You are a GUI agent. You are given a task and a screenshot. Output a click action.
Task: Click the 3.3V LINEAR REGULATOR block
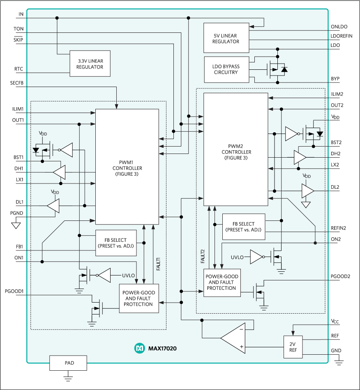point(90,64)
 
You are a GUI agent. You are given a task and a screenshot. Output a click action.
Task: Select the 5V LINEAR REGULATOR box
point(226,38)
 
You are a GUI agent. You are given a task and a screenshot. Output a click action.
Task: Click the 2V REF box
point(292,347)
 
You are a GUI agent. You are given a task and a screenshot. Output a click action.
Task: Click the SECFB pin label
point(17,83)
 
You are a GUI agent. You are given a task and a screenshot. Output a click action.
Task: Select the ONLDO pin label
point(339,27)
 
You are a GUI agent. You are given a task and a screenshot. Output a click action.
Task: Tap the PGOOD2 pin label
point(340,276)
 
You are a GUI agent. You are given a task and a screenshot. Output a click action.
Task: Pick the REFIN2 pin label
point(339,228)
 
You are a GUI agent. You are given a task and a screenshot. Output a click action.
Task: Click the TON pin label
point(18,29)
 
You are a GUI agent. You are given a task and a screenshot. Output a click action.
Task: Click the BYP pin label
point(335,78)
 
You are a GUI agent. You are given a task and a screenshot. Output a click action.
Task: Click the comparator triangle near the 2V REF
point(234,338)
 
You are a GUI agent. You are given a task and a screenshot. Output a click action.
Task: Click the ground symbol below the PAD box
point(68,378)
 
